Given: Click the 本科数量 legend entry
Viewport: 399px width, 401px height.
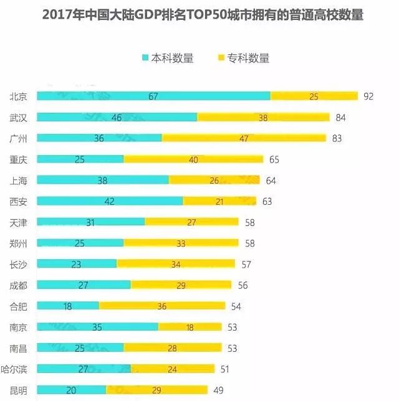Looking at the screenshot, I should click(x=168, y=58).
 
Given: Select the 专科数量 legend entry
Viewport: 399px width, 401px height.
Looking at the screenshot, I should click(x=243, y=58).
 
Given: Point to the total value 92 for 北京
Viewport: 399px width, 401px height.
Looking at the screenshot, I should click(x=368, y=96).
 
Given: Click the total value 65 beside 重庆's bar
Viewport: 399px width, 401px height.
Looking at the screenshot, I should click(x=274, y=159).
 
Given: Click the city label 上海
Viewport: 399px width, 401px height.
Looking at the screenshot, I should click(x=18, y=180).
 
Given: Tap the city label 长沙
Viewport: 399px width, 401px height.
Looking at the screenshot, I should click(x=18, y=264).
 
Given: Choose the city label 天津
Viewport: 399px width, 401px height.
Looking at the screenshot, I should click(x=18, y=222).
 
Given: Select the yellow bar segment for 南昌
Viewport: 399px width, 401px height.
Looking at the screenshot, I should click(x=172, y=347).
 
